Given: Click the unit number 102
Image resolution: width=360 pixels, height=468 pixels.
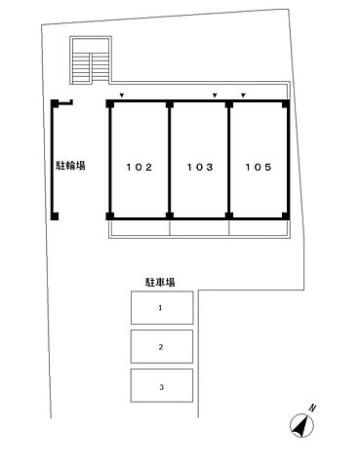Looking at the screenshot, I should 139,167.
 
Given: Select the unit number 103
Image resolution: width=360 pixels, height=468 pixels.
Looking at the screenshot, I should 199,167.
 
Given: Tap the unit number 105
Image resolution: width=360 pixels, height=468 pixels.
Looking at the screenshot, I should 259,167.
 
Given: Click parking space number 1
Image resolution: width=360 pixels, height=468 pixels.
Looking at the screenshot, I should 161,307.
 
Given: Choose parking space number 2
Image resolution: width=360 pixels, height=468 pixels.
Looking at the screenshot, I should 161,347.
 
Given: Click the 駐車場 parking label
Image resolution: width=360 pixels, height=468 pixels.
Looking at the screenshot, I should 160,282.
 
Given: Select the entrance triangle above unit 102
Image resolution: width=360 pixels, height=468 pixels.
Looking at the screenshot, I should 121,95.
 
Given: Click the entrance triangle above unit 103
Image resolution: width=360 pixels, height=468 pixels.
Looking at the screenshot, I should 215,95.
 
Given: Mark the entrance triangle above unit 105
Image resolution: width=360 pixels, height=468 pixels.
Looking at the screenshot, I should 243,95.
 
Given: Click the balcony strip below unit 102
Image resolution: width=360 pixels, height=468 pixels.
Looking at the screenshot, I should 140,227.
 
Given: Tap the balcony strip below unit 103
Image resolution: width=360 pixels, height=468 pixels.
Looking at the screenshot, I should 199,227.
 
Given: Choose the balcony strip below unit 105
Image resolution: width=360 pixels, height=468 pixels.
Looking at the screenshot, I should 259,227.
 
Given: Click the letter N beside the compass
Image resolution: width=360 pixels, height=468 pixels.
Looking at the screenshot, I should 312,407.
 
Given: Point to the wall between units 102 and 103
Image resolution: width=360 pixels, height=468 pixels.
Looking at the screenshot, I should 170,158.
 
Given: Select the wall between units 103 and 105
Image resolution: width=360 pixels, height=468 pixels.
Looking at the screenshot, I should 229,158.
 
